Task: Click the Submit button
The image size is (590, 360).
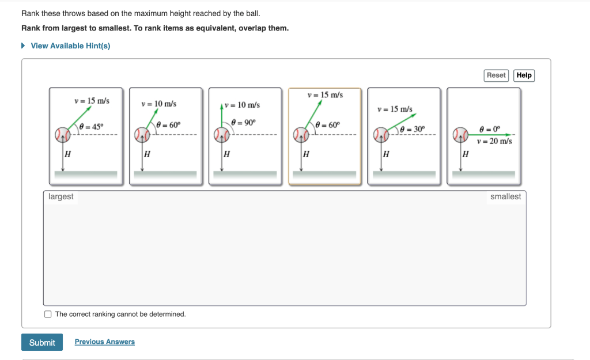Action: pyautogui.click(x=42, y=342)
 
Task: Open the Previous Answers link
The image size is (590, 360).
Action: pyautogui.click(x=104, y=342)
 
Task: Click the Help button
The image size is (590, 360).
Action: pyautogui.click(x=524, y=75)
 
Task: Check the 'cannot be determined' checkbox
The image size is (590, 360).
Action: pyautogui.click(x=48, y=314)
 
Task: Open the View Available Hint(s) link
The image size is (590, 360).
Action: pyautogui.click(x=70, y=46)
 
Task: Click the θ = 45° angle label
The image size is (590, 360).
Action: pyautogui.click(x=92, y=127)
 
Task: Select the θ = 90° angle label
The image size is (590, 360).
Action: pyautogui.click(x=242, y=123)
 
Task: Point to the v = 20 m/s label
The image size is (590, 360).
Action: pyautogui.click(x=494, y=141)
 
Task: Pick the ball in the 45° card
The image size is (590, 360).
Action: pyautogui.click(x=62, y=135)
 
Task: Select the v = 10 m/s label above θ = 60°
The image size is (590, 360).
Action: pyautogui.click(x=158, y=104)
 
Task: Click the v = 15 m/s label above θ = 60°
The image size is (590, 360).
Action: pyautogui.click(x=325, y=95)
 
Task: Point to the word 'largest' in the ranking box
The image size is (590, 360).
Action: pyautogui.click(x=61, y=197)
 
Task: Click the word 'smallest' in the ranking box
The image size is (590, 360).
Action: pyautogui.click(x=505, y=197)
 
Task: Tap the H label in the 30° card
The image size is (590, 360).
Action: pyautogui.click(x=385, y=154)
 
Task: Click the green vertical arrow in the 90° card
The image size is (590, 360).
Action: pyautogui.click(x=222, y=116)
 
